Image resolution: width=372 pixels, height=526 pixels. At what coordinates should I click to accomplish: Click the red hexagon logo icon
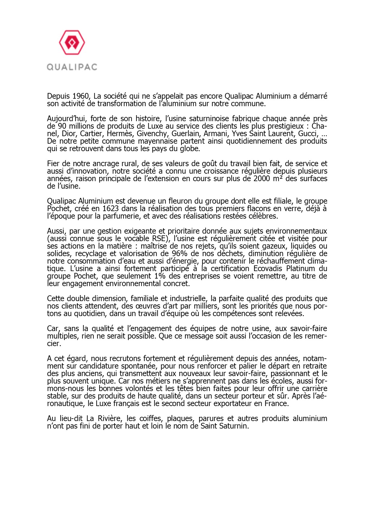click(72, 43)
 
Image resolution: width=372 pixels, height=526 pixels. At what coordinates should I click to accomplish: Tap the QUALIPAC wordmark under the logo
click(72, 67)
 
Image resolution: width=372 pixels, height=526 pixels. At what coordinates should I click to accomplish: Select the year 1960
click(81, 96)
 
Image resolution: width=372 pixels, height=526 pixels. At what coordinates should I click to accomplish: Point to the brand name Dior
click(69, 134)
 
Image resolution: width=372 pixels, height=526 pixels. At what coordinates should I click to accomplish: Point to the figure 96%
click(179, 254)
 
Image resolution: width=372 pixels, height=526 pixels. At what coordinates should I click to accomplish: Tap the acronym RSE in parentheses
click(159, 239)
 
